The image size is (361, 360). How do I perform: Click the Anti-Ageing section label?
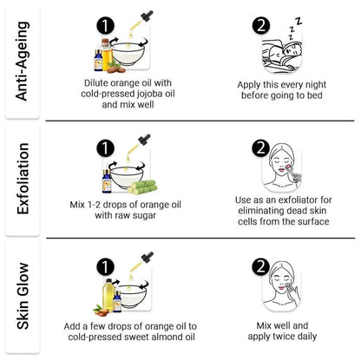[23, 61]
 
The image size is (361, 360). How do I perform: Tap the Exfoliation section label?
[23, 179]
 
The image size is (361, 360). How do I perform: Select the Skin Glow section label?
[23, 296]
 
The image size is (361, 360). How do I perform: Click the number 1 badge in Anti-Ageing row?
[105, 25]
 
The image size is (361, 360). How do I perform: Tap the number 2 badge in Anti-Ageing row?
[261, 25]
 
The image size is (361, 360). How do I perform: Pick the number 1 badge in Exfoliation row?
[105, 148]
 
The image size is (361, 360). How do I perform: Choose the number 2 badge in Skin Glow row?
[260, 266]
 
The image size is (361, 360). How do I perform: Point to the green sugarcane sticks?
[142, 187]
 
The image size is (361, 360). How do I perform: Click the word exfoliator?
[291, 200]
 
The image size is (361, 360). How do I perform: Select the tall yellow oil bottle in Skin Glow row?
[108, 295]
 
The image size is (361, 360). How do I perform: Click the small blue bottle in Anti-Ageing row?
[98, 60]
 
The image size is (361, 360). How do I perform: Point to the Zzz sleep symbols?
[295, 29]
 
